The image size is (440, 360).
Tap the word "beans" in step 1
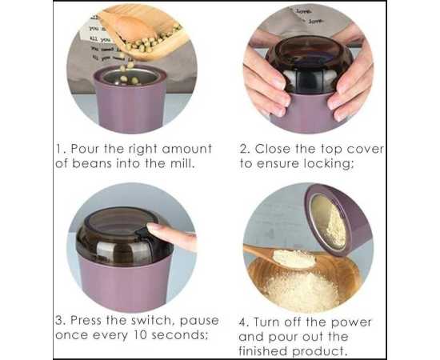tap(92, 163)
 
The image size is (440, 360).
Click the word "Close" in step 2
tap(273, 149)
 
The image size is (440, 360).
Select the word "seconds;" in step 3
tap(180, 334)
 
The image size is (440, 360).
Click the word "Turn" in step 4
tap(266, 322)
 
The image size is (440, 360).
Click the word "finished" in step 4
tap(263, 350)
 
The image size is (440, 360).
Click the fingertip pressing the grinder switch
tap(153, 227)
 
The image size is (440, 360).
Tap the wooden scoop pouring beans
tap(143, 31)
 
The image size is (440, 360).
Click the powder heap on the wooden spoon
tap(294, 258)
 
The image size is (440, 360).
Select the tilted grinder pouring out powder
tap(338, 219)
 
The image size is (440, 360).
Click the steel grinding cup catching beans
tap(130, 76)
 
